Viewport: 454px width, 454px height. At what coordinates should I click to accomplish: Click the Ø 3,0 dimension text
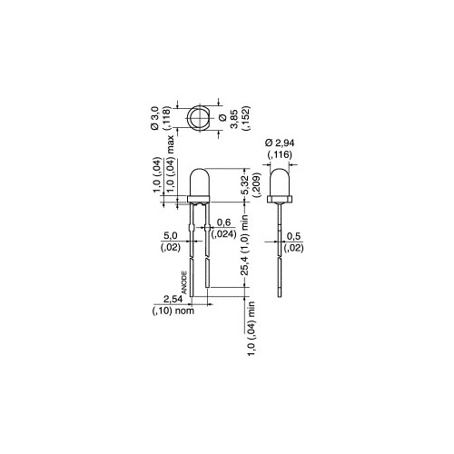point(155,120)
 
